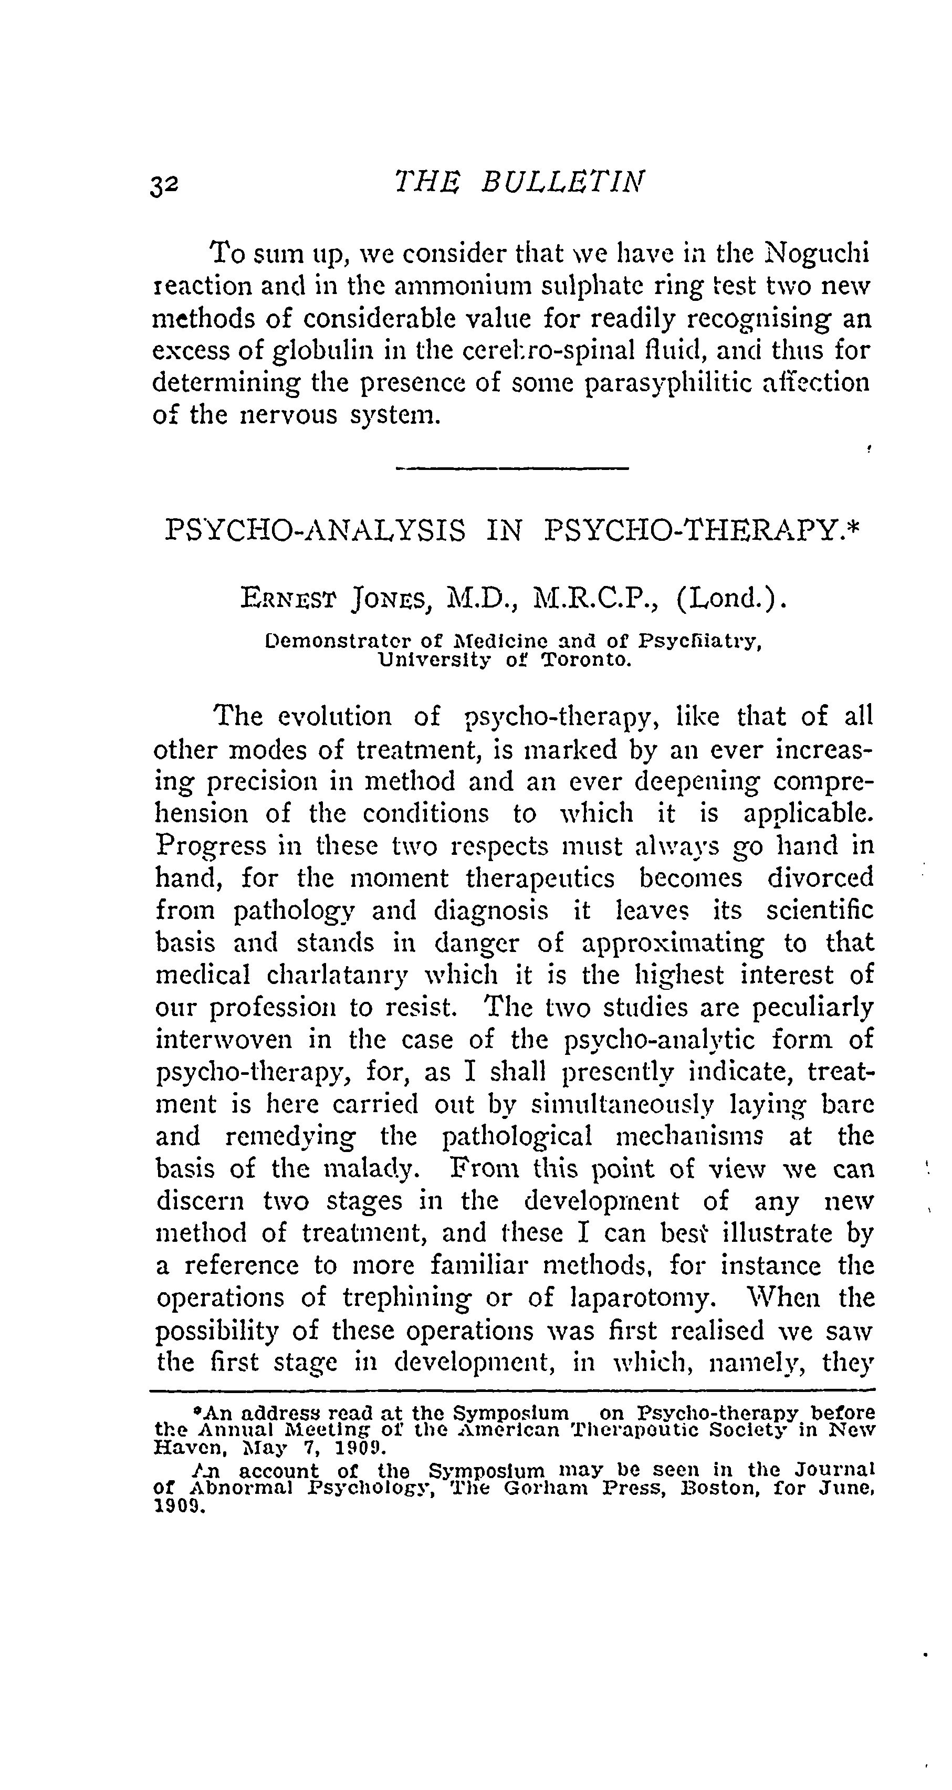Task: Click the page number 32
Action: (x=165, y=185)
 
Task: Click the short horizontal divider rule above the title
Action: (x=511, y=468)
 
